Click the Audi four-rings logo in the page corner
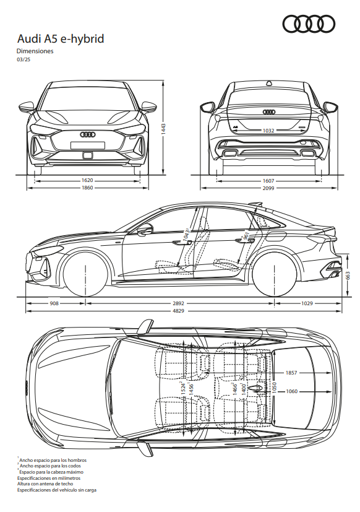pyautogui.click(x=309, y=25)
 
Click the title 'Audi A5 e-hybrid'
pyautogui.click(x=61, y=39)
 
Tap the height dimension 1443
pyautogui.click(x=163, y=129)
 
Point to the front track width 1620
pyautogui.click(x=87, y=180)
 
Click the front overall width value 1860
pyautogui.click(x=87, y=188)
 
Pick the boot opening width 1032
pyautogui.click(x=268, y=131)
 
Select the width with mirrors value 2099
pyautogui.click(x=268, y=188)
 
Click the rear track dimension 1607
pyautogui.click(x=268, y=181)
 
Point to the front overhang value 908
pyautogui.click(x=54, y=303)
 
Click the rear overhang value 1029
pyautogui.click(x=307, y=303)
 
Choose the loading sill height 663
pyautogui.click(x=348, y=276)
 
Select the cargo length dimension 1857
pyautogui.click(x=291, y=373)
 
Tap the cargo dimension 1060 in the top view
pyautogui.click(x=292, y=391)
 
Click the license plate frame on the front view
pyautogui.click(x=88, y=145)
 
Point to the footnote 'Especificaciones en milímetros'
pyautogui.click(x=49, y=478)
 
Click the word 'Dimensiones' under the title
pyautogui.click(x=35, y=51)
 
